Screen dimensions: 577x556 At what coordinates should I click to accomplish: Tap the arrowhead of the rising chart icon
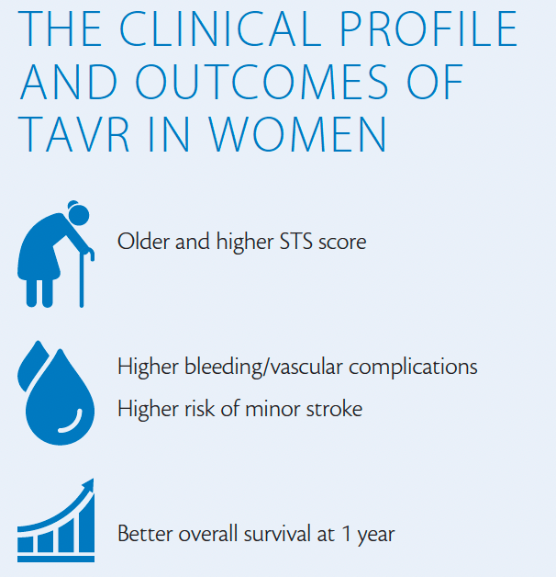tap(88, 484)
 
